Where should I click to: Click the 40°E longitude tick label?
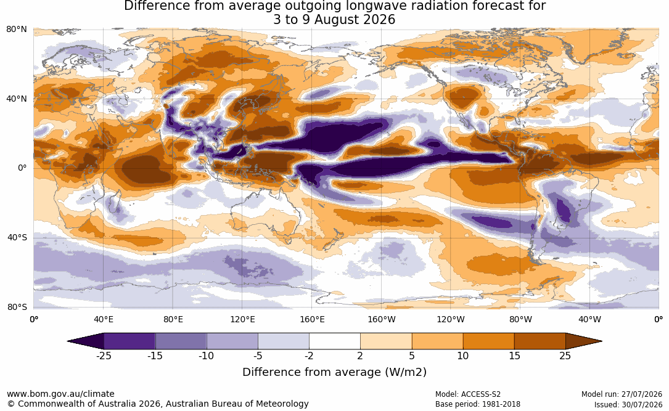pyautogui.click(x=103, y=319)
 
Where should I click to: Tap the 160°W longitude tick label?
pyautogui.click(x=382, y=319)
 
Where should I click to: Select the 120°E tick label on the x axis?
pyautogui.click(x=242, y=319)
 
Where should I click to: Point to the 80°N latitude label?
pyautogui.click(x=17, y=30)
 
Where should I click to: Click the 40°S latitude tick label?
pyautogui.click(x=17, y=237)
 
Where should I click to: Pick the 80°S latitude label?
pyautogui.click(x=17, y=307)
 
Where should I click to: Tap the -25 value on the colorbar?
pyautogui.click(x=104, y=356)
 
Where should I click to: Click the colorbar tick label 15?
pyautogui.click(x=515, y=356)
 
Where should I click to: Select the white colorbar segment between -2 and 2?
pyautogui.click(x=335, y=341)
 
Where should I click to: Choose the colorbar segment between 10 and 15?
pyautogui.click(x=489, y=341)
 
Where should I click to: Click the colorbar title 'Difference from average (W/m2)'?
pyautogui.click(x=334, y=372)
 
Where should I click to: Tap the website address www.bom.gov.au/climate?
pyautogui.click(x=60, y=394)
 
